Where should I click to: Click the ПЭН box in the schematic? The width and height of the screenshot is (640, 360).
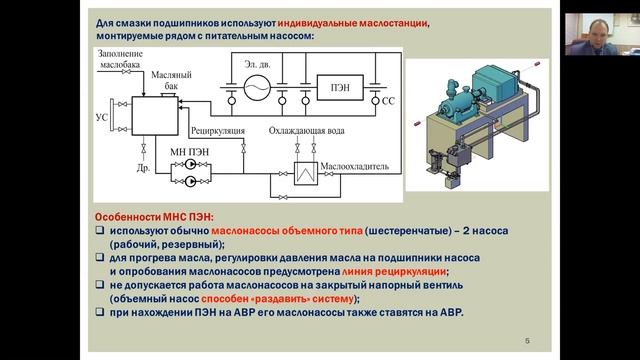coord(334,83)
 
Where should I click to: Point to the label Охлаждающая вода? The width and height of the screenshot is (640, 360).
coord(308,131)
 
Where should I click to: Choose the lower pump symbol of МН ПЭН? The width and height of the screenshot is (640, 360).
coord(184,184)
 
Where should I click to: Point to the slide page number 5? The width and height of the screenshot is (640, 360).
coord(528,342)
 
